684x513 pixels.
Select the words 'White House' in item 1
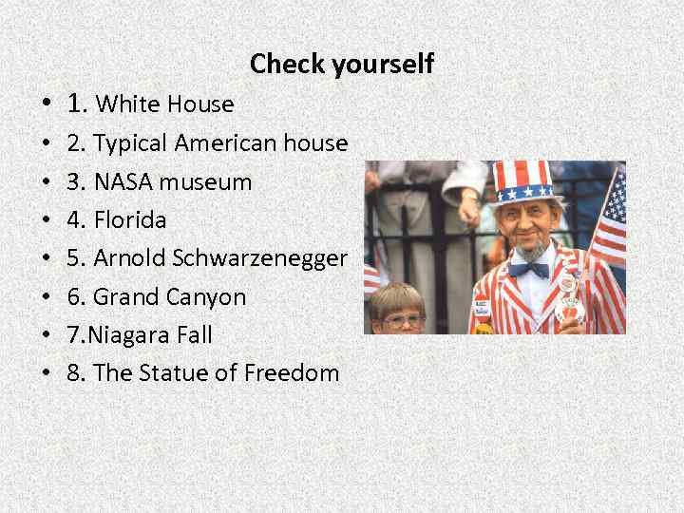coord(165,103)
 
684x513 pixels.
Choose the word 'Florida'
coord(129,219)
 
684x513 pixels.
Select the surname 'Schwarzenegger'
coord(258,258)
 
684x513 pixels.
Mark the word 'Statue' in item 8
coord(173,372)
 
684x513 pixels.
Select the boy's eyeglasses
coord(403,319)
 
